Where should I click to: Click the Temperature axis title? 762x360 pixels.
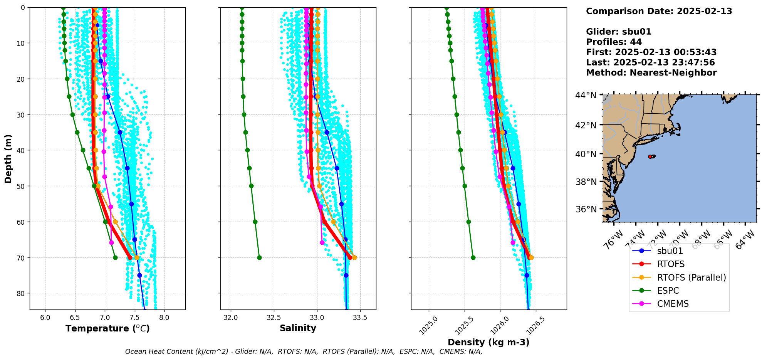tap(107, 328)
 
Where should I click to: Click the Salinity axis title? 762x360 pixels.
tap(298, 328)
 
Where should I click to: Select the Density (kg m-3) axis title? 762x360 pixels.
tap(488, 342)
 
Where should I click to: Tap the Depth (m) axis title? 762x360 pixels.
tap(8, 158)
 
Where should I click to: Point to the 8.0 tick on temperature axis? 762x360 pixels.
tap(164, 318)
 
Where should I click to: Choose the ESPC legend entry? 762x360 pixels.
tap(668, 291)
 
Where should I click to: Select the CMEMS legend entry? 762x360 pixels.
tap(673, 304)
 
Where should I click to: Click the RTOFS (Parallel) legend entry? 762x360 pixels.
tap(691, 278)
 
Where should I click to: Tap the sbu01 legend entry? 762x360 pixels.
tap(670, 251)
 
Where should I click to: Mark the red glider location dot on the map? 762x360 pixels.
tap(650, 156)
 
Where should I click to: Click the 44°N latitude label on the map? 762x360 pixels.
tap(586, 95)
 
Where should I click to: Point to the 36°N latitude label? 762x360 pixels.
tap(586, 209)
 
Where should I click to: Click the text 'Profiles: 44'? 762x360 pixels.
tap(614, 42)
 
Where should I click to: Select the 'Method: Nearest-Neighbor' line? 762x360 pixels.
tap(651, 73)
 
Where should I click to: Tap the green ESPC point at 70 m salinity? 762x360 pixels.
tap(259, 257)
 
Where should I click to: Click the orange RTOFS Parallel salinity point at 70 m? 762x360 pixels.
tap(354, 257)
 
